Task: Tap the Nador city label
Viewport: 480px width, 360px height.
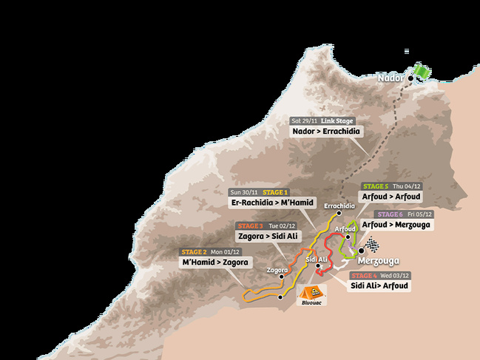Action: coord(390,78)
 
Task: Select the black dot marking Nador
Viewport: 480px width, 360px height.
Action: coord(410,78)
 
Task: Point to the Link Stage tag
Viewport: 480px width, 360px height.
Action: coord(338,120)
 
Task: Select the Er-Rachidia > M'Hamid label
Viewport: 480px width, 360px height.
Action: coord(273,203)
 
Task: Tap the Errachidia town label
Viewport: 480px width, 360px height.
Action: coord(340,206)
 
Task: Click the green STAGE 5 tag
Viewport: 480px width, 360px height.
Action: coord(374,186)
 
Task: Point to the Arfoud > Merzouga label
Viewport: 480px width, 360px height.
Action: coord(396,224)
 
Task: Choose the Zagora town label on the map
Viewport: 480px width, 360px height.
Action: coord(277,271)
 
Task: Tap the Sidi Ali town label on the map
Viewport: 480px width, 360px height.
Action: coord(317,259)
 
